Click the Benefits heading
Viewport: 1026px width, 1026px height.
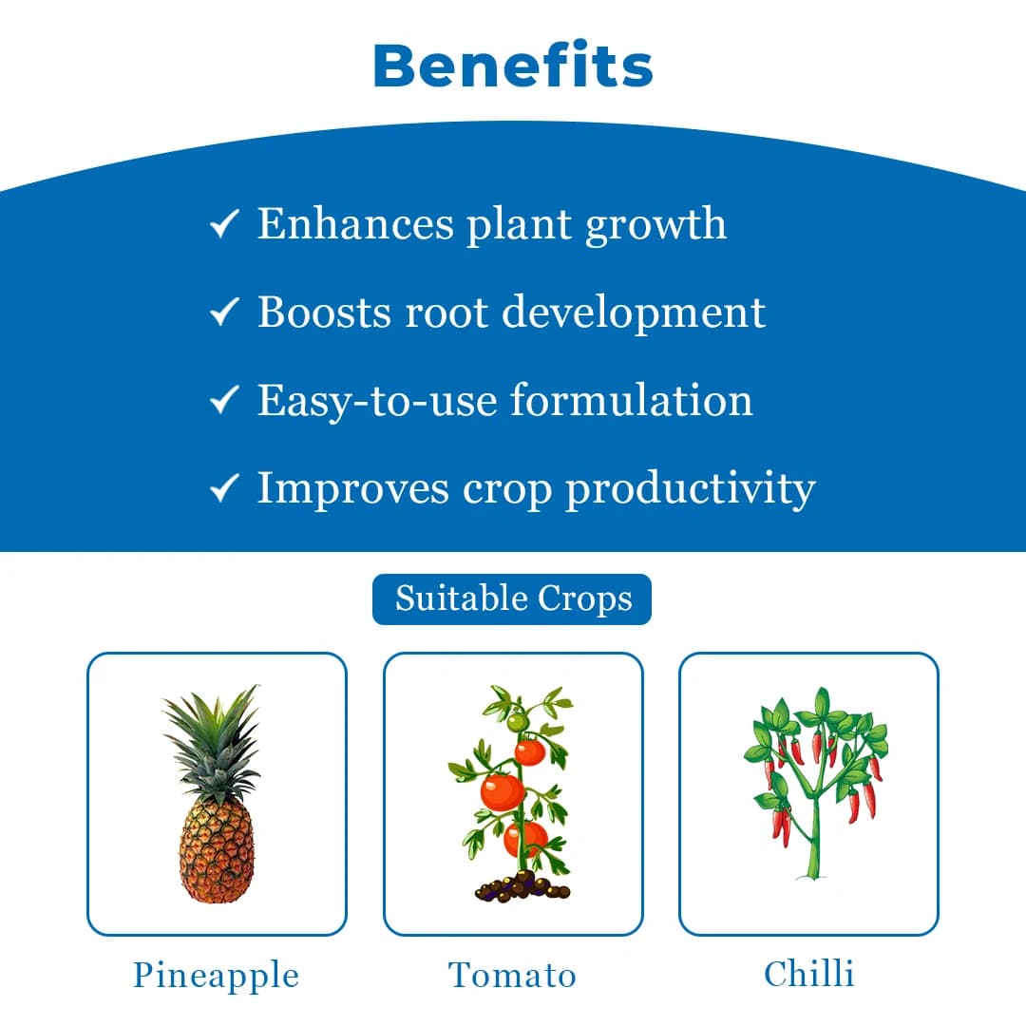(513, 66)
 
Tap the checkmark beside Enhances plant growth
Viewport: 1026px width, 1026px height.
(223, 226)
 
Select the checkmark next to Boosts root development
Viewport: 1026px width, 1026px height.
(223, 313)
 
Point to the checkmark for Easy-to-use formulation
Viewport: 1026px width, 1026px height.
(223, 401)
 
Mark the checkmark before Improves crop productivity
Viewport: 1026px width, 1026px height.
(223, 488)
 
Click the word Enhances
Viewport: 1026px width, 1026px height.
(355, 224)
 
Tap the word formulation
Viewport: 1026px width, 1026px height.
(631, 400)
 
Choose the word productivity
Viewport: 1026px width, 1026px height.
(691, 489)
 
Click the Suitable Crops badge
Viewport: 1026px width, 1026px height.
(512, 599)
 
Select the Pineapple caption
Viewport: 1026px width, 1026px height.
(216, 976)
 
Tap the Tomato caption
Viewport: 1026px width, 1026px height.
(512, 976)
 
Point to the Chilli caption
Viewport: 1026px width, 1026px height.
(808, 974)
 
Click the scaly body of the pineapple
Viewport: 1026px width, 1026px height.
(217, 850)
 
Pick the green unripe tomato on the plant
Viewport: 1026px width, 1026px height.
(516, 723)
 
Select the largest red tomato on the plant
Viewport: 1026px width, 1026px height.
(502, 791)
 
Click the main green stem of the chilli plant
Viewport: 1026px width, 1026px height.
(813, 836)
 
